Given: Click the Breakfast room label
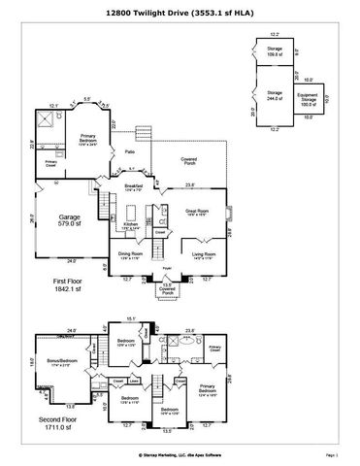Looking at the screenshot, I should coord(133,185).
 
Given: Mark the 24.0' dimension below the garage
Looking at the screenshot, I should coord(70,260).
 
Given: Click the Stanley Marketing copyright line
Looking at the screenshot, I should coord(179,452).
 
